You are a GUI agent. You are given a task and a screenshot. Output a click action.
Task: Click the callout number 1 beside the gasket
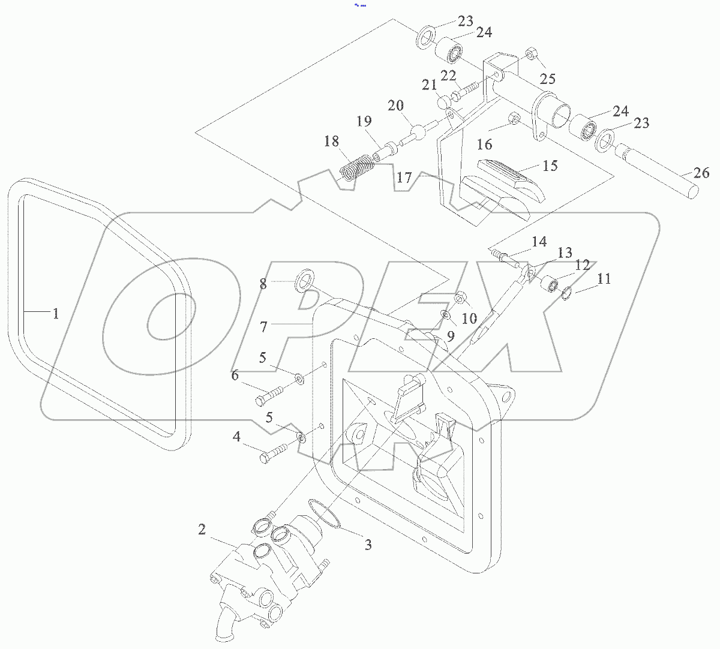55,313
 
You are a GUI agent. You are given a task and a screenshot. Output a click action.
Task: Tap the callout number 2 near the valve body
202,529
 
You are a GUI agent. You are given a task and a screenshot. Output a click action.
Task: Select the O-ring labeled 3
325,514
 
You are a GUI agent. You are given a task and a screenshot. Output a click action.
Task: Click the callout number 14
539,242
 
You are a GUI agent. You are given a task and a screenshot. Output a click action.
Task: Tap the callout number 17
404,178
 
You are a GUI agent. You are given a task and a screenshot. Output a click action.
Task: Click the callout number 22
448,75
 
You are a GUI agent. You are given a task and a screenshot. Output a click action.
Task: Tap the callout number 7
263,327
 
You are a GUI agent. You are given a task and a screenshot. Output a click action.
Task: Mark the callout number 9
449,336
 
